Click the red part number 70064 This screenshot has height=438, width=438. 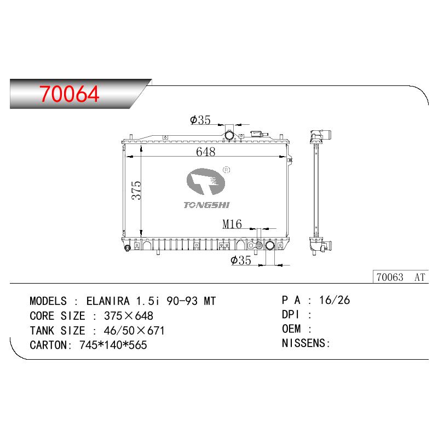[x=70, y=94]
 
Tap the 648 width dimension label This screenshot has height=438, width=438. [x=206, y=152]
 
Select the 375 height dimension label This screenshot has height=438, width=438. [x=136, y=190]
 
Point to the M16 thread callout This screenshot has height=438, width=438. [x=232, y=224]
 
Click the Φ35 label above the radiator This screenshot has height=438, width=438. [x=200, y=120]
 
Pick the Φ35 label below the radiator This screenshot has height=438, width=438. [x=241, y=261]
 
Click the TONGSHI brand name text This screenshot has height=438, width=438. [x=206, y=205]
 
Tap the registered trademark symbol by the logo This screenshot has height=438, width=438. [x=226, y=170]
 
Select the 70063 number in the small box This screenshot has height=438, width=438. [x=390, y=277]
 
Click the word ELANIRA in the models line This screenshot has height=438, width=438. [x=108, y=301]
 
